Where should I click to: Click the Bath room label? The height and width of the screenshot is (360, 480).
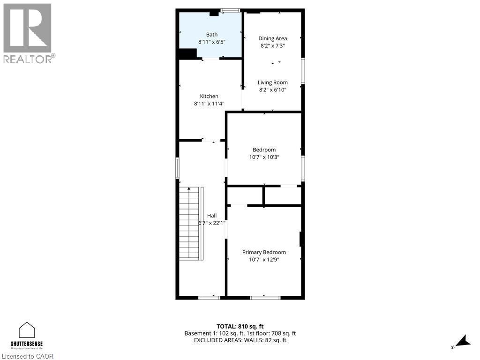[212, 34]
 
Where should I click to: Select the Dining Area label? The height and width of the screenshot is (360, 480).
[272, 38]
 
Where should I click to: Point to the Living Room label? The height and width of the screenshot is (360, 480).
[272, 82]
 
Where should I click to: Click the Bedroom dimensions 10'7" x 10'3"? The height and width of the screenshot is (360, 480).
[264, 157]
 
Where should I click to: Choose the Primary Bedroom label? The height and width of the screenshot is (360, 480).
[264, 252]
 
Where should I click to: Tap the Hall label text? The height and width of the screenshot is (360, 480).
[212, 216]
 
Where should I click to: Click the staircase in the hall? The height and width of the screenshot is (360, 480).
[190, 223]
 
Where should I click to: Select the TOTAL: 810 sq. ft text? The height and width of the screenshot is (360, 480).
[240, 326]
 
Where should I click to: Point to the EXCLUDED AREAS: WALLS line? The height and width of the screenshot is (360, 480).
[240, 340]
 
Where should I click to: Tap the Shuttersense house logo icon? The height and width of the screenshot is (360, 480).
[27, 330]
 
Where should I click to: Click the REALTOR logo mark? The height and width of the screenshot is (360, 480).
[27, 28]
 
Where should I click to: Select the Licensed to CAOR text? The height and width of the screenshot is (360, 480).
[27, 356]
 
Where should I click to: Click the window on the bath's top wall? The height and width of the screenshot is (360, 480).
[230, 10]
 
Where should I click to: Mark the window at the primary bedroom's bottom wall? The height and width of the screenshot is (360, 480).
[265, 297]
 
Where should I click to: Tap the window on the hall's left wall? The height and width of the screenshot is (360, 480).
[177, 167]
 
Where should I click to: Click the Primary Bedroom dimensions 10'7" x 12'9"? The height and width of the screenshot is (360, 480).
[264, 260]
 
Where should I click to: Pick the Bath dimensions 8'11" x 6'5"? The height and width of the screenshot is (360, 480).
[212, 42]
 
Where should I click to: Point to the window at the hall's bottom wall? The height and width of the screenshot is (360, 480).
[209, 297]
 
